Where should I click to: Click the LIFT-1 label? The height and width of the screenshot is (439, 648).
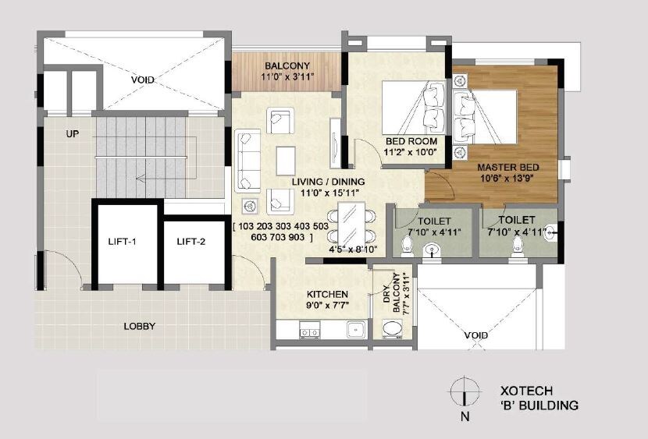tap(123, 242)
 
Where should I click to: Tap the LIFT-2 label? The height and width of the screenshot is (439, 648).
tap(190, 242)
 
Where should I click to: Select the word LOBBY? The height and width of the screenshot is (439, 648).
tap(140, 326)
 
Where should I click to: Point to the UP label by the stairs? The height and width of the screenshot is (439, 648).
tap(73, 134)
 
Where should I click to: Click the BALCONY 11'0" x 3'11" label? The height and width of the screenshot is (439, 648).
tap(287, 71)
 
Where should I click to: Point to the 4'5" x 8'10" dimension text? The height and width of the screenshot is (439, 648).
tap(353, 249)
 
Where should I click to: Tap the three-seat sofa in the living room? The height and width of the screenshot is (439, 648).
tap(248, 161)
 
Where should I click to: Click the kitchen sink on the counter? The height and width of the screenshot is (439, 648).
tap(356, 330)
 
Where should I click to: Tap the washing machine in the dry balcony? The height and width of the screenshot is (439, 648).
tap(393, 330)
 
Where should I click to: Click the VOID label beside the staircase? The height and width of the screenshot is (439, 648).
tap(143, 80)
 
